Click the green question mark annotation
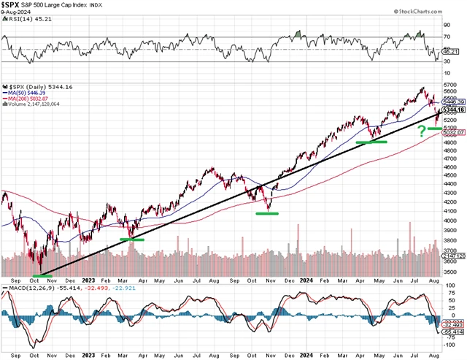pyautogui.click(x=422, y=131)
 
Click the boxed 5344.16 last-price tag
pyautogui.click(x=455, y=109)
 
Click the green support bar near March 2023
pyautogui.click(x=132, y=239)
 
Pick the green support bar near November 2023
pyautogui.click(x=267, y=213)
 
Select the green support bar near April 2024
pyautogui.click(x=371, y=142)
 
